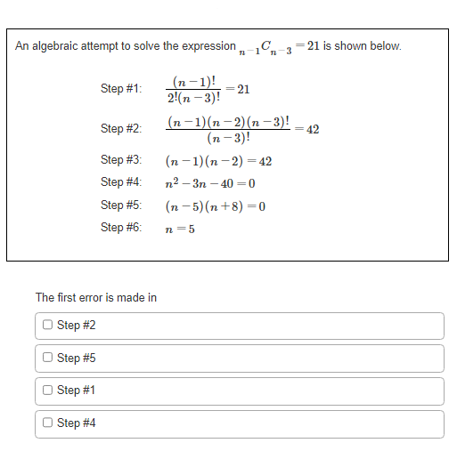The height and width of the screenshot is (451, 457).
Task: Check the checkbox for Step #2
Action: point(47,326)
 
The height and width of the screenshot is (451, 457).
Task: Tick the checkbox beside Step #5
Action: point(47,358)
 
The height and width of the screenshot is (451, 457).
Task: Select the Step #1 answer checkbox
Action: point(47,391)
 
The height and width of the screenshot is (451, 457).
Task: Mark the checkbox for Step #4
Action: point(47,423)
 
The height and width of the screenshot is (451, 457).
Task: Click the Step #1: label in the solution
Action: point(121,89)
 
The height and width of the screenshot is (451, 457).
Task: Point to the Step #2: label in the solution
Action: point(121,129)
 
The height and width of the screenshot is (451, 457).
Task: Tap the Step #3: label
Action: point(121,160)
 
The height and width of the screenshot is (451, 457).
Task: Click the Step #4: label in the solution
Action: point(121,182)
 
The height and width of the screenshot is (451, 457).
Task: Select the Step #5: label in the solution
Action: point(121,205)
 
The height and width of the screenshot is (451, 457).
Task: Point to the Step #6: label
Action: point(121,227)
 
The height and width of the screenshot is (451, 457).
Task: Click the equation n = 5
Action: point(180,228)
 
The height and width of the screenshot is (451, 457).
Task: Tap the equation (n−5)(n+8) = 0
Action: point(216,205)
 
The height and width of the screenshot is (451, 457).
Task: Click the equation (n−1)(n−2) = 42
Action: point(218,161)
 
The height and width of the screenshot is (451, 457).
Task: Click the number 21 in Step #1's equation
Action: point(243,89)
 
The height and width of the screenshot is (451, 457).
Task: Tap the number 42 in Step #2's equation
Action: point(312,129)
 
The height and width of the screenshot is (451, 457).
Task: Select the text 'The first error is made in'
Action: point(96,297)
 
